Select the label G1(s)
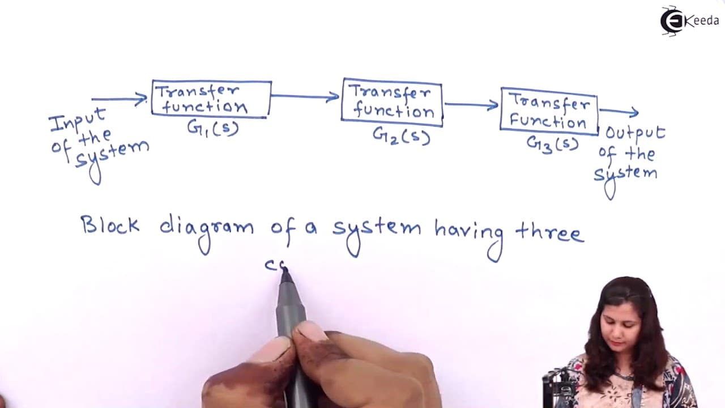tap(212, 129)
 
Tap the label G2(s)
tap(402, 135)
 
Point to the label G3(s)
tap(552, 144)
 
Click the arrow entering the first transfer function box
tap(119, 99)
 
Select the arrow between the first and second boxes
tap(305, 96)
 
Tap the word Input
tap(78, 121)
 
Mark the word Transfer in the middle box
tap(391, 92)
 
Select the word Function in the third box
tap(548, 121)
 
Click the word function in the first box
tap(205, 106)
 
